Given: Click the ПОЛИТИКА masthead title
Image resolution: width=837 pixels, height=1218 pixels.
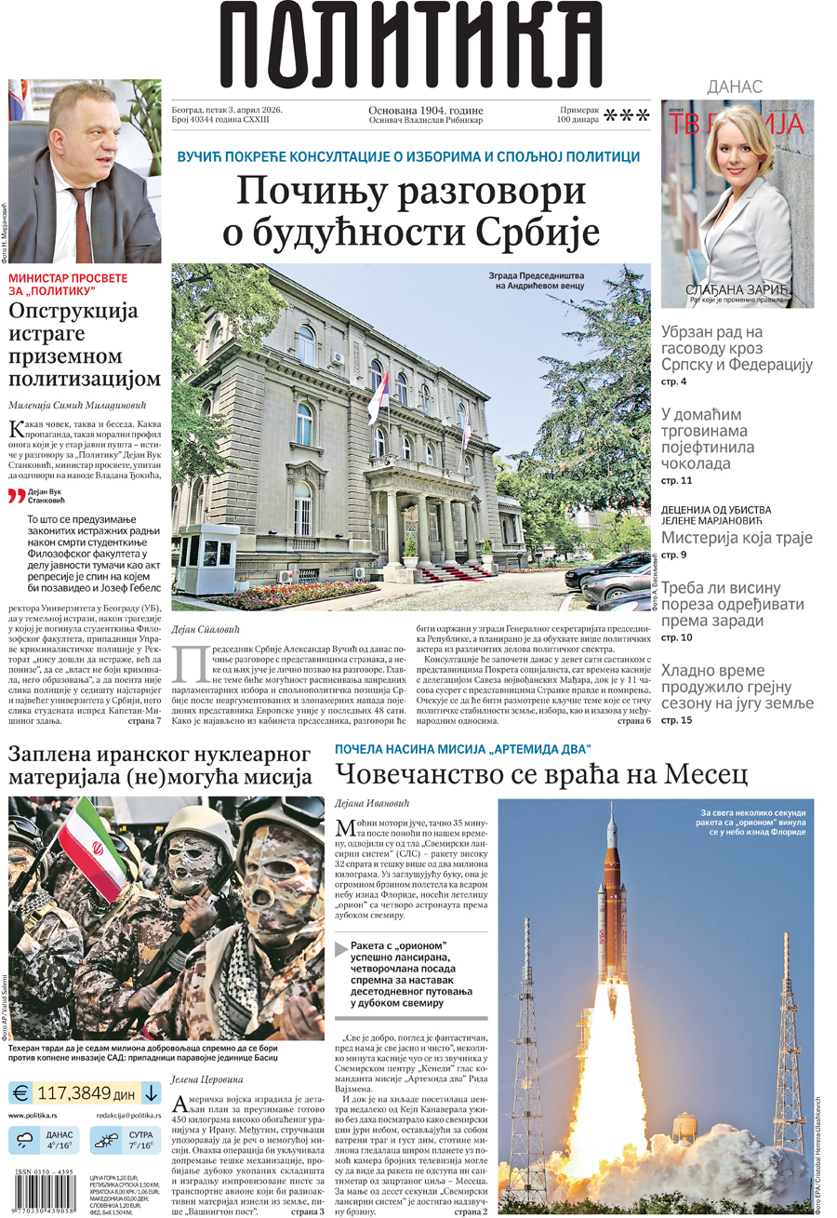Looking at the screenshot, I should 410,45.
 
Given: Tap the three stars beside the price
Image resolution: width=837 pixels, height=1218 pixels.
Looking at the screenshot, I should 627,115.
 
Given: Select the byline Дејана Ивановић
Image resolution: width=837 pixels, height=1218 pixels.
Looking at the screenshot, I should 372,803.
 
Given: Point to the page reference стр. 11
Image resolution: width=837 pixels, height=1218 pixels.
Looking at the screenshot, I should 677,480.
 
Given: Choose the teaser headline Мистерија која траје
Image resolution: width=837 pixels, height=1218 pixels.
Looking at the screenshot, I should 737,537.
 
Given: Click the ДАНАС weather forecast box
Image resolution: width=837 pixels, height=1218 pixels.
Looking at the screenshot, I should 45,1140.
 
